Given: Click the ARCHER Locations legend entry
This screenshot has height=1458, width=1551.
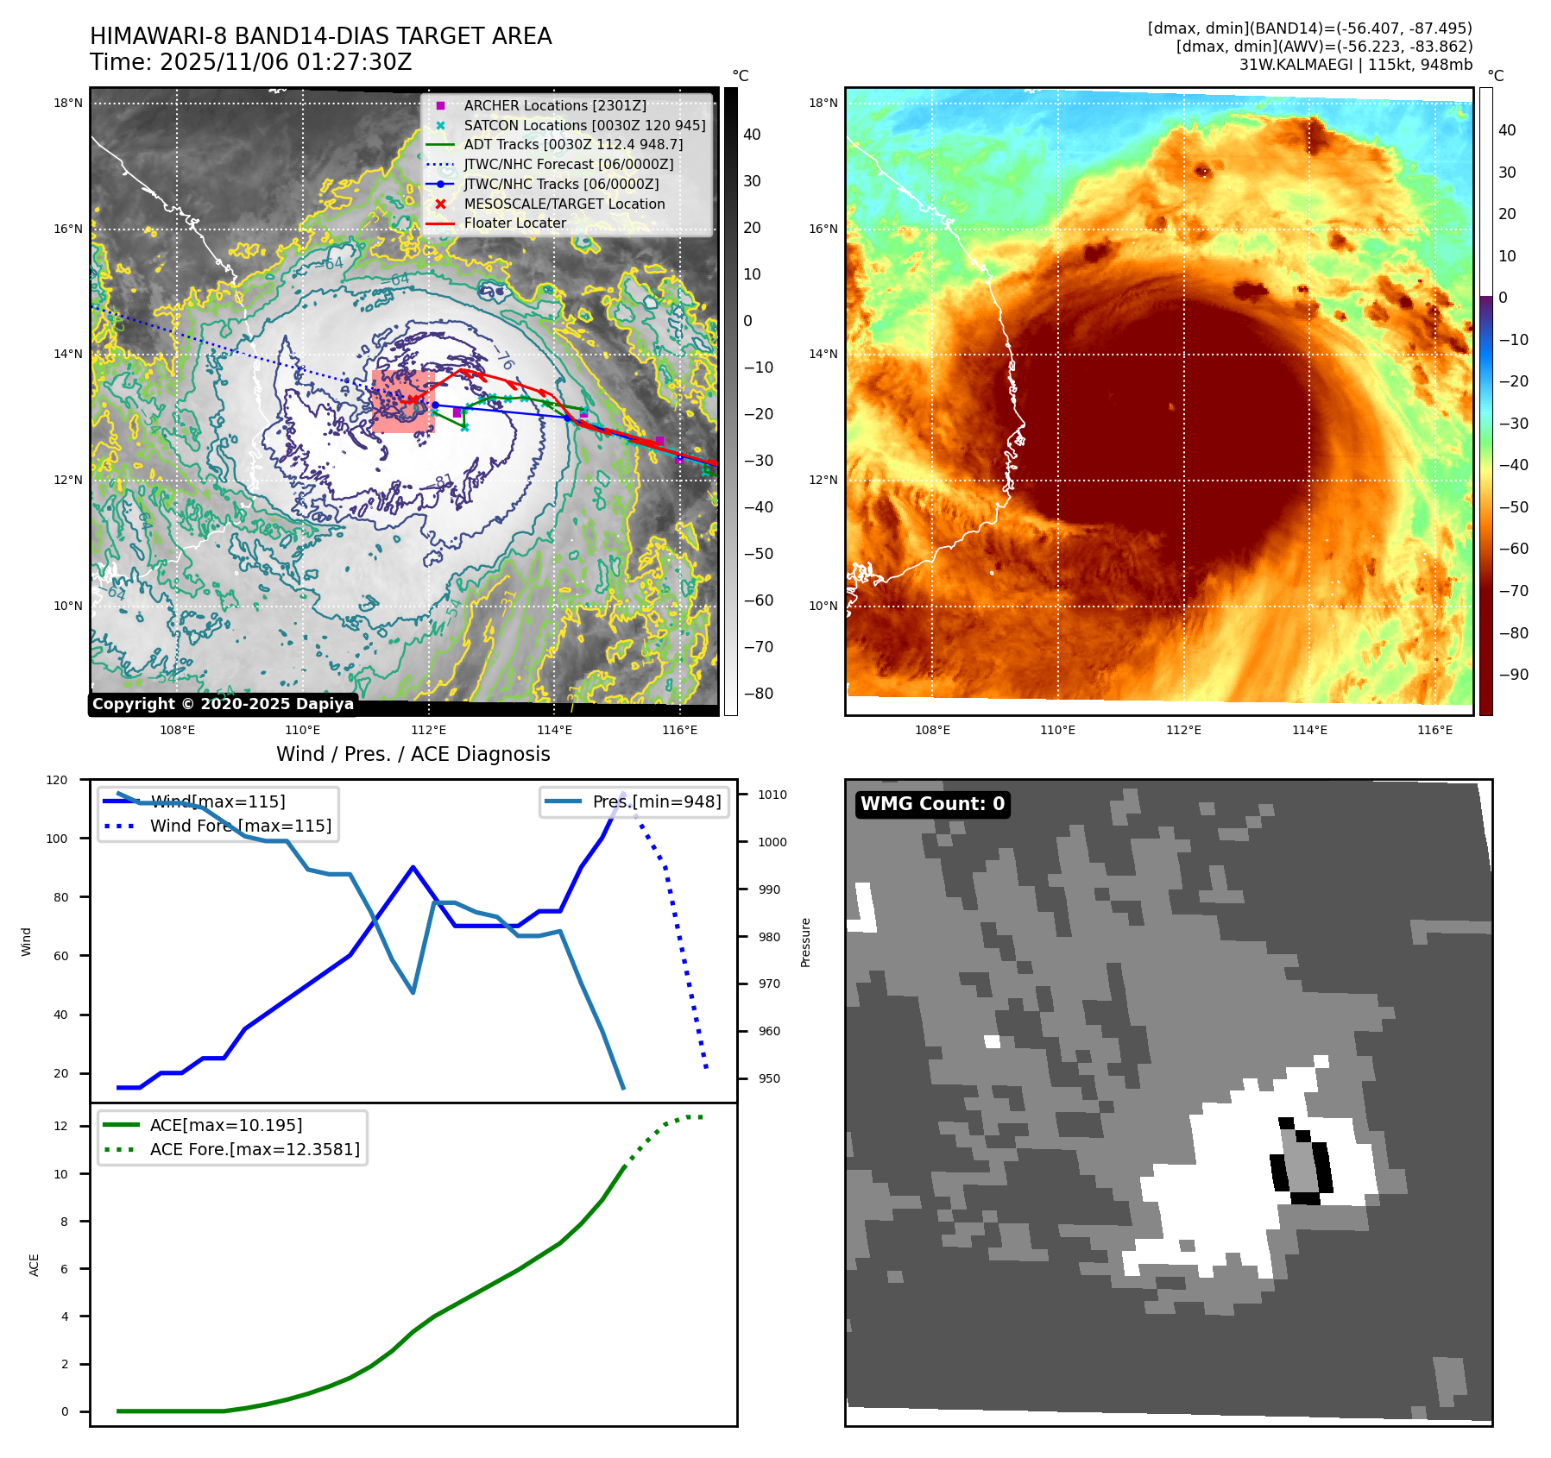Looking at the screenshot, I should [554, 105].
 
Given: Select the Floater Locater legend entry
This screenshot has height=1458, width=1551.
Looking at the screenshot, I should [514, 223].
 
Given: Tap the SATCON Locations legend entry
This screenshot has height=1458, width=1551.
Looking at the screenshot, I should [583, 125].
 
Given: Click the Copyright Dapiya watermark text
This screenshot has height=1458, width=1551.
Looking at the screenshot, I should [223, 704].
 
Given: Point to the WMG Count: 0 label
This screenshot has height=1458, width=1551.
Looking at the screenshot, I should [932, 804].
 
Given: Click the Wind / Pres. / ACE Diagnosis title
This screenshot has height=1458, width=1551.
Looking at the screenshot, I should [413, 754].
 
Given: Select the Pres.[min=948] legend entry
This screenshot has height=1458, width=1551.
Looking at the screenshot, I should [656, 801].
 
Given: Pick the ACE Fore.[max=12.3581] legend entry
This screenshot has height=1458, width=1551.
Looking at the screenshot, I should [255, 1149].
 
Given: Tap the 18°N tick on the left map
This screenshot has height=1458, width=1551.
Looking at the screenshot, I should [68, 103].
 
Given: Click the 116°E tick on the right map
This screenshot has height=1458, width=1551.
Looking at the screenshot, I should [1434, 730].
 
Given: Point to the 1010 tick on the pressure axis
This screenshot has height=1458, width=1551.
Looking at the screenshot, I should [772, 795].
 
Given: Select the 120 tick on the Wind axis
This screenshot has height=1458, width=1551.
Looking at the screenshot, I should [57, 780].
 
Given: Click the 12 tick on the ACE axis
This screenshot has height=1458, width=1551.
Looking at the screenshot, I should [60, 1126].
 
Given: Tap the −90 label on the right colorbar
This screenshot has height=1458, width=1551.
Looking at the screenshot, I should [1513, 675].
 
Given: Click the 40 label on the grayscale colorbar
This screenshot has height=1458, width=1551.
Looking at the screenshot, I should [752, 135].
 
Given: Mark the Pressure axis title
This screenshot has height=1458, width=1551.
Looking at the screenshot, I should [805, 942].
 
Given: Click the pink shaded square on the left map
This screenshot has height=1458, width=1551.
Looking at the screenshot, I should [403, 402].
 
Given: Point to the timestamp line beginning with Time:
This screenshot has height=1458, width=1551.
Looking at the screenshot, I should [250, 62].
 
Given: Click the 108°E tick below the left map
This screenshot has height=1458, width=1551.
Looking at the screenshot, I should [177, 730].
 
